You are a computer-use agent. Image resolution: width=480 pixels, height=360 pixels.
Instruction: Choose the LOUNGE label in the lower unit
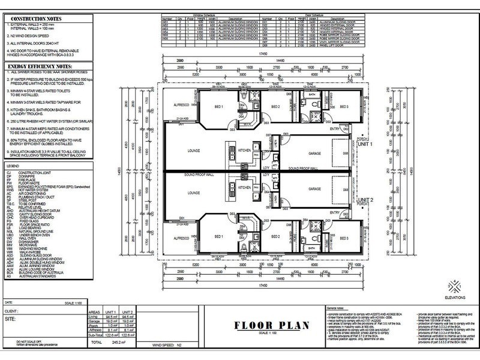(193, 193)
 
